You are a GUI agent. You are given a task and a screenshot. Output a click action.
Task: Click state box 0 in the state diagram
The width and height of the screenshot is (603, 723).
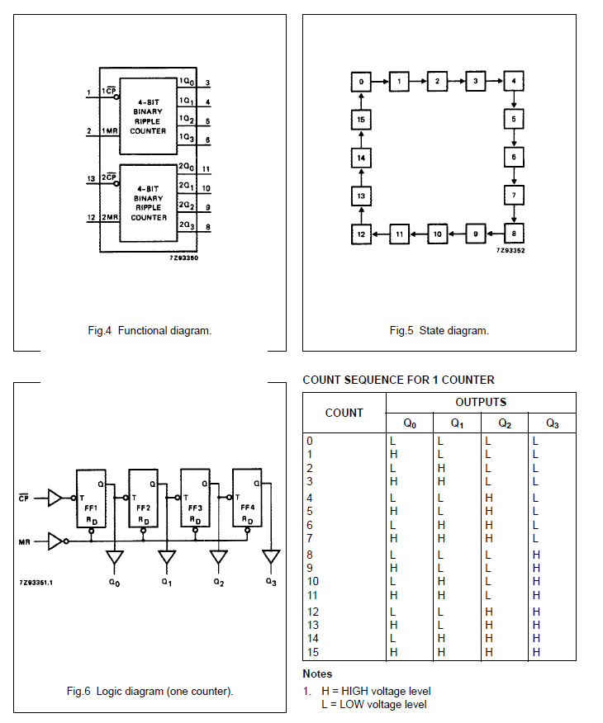click(x=361, y=82)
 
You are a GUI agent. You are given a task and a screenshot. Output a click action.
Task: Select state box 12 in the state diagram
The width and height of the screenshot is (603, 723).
click(x=361, y=234)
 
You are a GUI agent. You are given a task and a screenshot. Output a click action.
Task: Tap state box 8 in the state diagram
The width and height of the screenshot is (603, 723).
click(x=514, y=234)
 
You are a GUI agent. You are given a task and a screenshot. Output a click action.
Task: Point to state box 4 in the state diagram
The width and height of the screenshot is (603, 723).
click(x=514, y=82)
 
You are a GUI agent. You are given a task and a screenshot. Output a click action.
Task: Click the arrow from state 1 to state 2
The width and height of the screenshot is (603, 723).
click(x=418, y=82)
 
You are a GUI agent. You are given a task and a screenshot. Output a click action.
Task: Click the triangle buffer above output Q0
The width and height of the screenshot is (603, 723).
click(x=115, y=558)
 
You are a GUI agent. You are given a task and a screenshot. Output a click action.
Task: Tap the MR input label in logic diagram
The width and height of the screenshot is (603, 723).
click(x=24, y=542)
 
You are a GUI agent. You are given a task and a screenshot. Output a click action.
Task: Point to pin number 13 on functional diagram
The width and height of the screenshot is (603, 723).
click(x=90, y=177)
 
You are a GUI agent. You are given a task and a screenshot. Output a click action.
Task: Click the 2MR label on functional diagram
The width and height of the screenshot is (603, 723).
click(x=110, y=218)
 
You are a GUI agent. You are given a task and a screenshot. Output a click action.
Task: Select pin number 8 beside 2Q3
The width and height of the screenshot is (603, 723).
click(x=207, y=226)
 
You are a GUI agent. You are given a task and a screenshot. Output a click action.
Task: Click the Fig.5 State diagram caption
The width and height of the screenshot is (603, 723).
click(x=439, y=330)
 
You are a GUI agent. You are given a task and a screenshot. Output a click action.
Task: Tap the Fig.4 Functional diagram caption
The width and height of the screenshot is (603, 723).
click(x=150, y=330)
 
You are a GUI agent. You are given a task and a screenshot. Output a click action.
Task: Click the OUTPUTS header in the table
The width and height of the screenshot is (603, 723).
click(x=481, y=402)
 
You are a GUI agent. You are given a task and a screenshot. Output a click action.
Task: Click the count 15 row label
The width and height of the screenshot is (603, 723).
click(x=311, y=652)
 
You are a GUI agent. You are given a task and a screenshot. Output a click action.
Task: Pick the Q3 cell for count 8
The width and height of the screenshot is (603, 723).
click(x=536, y=554)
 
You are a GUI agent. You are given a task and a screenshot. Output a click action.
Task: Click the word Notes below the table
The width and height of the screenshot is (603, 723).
click(x=317, y=674)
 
